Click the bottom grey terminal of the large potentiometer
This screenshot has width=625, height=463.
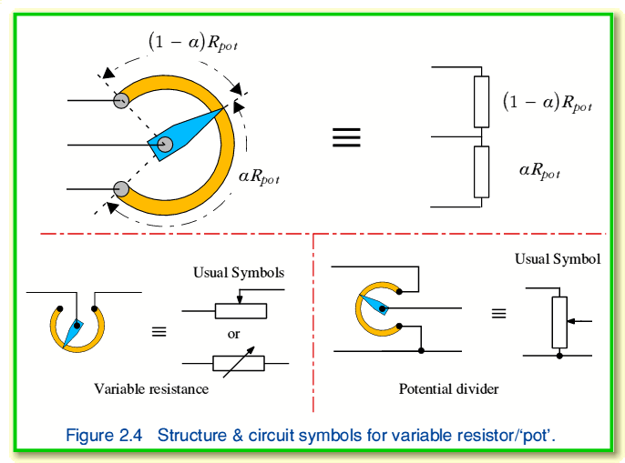120,188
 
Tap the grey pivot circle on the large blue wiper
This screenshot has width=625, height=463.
164,144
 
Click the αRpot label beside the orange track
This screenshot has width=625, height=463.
258,176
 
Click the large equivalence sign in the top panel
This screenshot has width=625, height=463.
345,137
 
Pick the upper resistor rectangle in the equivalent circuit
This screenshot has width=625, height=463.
482,101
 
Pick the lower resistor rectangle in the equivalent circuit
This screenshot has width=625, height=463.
482,172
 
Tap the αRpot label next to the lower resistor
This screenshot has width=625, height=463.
539,170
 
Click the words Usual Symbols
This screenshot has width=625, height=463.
239,272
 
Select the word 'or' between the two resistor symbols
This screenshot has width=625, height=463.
234,334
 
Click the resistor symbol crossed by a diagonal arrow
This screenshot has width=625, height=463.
239,363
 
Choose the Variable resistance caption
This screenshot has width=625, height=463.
151,388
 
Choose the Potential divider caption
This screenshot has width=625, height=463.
448,388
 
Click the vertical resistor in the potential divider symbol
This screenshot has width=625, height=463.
559,322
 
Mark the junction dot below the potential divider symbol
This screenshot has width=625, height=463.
559,356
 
